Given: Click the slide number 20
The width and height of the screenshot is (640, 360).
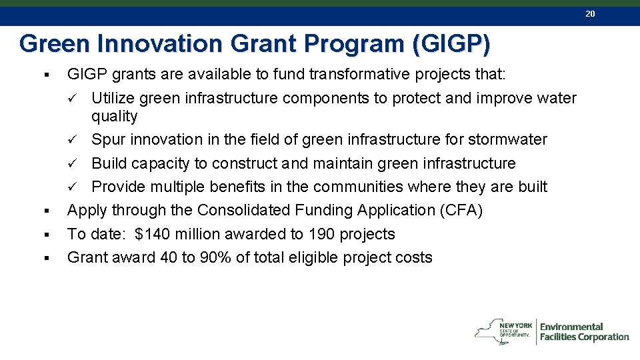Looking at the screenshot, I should (589, 13).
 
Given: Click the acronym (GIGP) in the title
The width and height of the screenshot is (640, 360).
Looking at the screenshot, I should (451, 44).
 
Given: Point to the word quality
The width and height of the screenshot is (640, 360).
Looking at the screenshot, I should (114, 117).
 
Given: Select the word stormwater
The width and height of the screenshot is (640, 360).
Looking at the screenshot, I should (507, 140).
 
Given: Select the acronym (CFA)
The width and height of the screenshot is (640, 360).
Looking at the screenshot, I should (461, 211).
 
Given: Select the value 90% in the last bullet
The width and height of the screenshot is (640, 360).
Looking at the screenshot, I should (216, 258).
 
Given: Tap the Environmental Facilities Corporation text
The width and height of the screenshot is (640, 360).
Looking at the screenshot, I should (584, 332).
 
